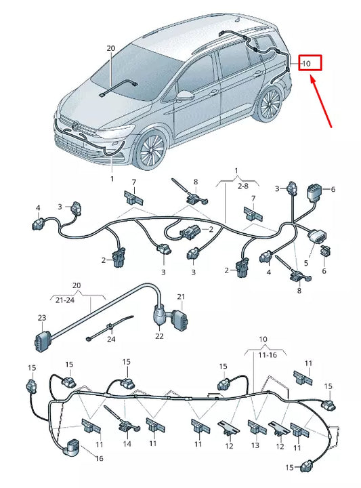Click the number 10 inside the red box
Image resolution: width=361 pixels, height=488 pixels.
[306, 64]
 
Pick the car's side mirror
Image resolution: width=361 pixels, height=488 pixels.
[183, 95]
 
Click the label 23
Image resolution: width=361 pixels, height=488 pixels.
[42, 317]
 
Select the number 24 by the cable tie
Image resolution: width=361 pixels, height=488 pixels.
[112, 340]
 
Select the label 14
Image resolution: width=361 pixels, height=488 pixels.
[127, 444]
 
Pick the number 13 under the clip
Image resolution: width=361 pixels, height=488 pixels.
[255, 445]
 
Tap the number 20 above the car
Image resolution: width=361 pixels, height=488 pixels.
[111, 48]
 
